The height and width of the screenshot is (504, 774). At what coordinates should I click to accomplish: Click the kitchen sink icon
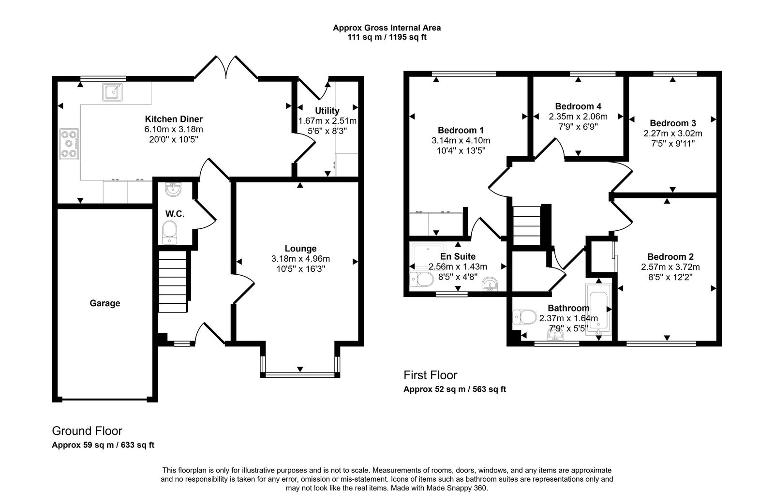pos(112,91)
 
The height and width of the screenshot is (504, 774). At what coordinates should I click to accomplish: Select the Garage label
pos(104,303)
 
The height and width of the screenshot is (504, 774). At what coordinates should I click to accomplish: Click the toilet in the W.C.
pos(170,232)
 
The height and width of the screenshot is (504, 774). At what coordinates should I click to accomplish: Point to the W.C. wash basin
pos(172,189)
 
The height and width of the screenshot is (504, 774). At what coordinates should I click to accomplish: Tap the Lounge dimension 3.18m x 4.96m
pos(300,259)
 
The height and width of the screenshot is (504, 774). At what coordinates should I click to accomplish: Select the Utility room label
pos(327,110)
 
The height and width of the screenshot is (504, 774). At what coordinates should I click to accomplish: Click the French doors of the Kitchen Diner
pos(225,68)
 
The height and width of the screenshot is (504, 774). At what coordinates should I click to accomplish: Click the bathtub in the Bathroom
pos(599,310)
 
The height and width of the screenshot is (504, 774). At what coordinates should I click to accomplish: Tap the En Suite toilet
pos(421,280)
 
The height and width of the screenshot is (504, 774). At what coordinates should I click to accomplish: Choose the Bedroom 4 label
pos(578,106)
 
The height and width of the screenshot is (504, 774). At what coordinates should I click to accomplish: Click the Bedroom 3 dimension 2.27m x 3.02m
pos(673,133)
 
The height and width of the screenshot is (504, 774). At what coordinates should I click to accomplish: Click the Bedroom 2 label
pos(670,257)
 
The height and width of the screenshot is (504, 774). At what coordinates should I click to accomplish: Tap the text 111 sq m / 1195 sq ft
pos(387,37)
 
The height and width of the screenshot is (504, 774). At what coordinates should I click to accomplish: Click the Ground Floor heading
pos(87,430)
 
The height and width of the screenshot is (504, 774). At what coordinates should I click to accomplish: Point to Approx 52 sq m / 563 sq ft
pos(455,389)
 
